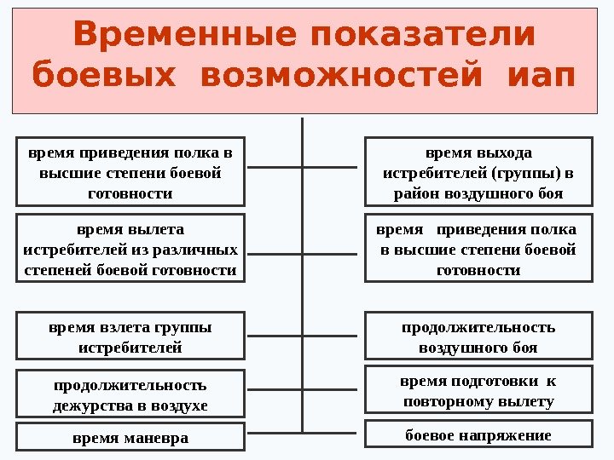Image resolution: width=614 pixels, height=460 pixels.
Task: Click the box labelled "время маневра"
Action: coord(130,438)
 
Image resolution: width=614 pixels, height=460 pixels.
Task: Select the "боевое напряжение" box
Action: coord(478,435)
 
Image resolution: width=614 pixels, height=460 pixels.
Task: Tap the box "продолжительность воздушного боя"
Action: coord(478,337)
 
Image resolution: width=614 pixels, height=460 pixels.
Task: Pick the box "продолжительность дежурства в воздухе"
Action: coord(130,394)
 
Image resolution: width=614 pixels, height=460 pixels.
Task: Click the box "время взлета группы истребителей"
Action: coord(130,337)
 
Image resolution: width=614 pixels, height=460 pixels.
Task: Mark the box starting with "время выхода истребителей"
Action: coord(478,173)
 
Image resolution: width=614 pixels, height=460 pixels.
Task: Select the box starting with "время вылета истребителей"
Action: coord(130,249)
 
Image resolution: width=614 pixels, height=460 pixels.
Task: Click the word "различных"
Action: coord(204,250)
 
